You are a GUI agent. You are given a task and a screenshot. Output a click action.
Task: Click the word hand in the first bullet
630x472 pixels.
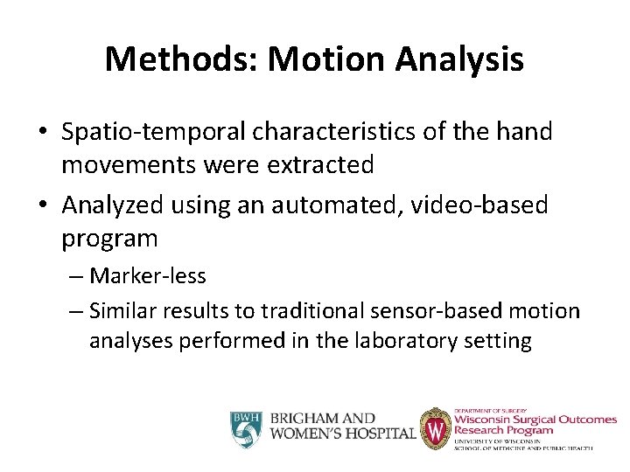coord(521,132)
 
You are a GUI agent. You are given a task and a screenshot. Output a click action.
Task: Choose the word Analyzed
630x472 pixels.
coord(116,205)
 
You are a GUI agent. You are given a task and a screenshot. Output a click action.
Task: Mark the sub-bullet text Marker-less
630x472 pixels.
coord(148,276)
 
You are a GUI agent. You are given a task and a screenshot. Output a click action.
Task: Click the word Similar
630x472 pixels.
coord(122,310)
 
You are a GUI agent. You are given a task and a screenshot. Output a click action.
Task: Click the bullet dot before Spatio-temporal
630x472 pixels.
coord(43,133)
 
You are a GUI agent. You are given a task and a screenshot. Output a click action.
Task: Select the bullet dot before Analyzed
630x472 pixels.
coord(43,206)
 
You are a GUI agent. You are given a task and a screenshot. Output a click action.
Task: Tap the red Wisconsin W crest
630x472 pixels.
coord(435,429)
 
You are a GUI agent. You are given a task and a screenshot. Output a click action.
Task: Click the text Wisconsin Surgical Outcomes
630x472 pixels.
coord(534,420)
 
